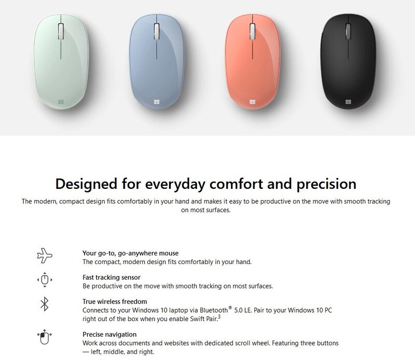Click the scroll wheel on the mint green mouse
click(x=61, y=32)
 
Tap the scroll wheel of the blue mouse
click(x=157, y=32)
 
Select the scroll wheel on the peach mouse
click(x=253, y=32)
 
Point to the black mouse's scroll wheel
click(x=348, y=32)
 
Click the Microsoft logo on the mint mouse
click(x=61, y=102)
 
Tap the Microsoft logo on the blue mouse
click(x=157, y=102)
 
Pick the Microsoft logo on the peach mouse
click(x=253, y=102)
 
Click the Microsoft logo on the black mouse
click(x=348, y=102)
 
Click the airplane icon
click(x=45, y=255)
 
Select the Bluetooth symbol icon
click(x=45, y=304)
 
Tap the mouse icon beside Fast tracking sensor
click(x=45, y=280)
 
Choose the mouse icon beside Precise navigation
click(x=44, y=337)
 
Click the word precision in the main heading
click(x=326, y=184)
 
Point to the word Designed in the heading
click(x=86, y=184)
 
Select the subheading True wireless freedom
click(x=115, y=301)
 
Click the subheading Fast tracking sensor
click(x=112, y=277)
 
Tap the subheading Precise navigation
click(x=109, y=335)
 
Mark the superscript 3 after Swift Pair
click(x=219, y=316)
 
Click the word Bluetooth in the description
click(x=214, y=310)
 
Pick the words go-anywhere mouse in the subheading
click(x=148, y=253)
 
